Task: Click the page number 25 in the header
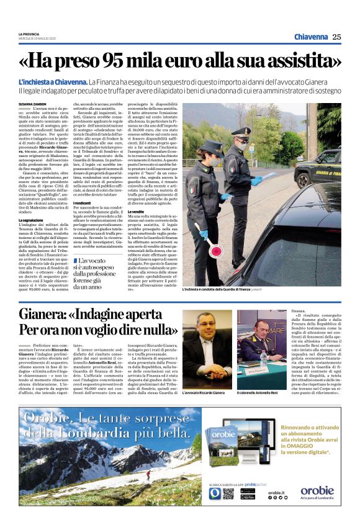pyautogui.click(x=336, y=37)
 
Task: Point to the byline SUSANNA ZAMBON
pyautogui.click(x=32, y=104)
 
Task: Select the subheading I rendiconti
pyautogui.click(x=83, y=203)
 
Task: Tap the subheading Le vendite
pyautogui.click(x=138, y=211)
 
